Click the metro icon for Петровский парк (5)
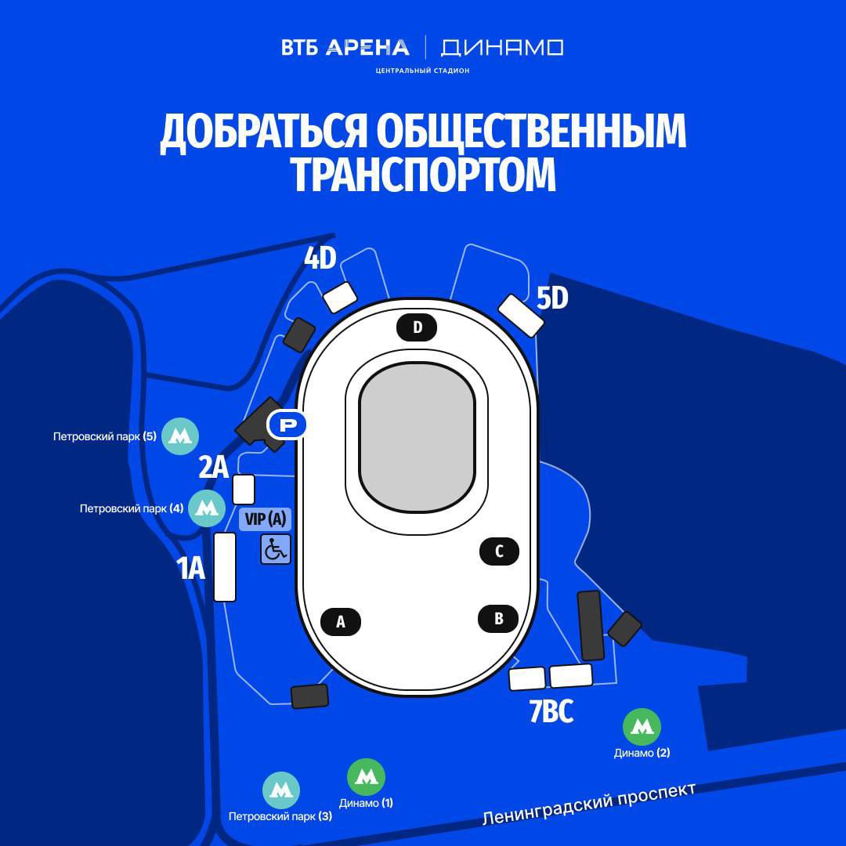(180, 436)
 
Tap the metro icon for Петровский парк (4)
(207, 508)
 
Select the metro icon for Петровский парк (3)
(281, 790)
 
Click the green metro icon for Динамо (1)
(367, 777)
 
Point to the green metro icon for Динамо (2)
(642, 727)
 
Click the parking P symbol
(287, 425)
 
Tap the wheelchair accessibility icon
(276, 549)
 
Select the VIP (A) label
(266, 519)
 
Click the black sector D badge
(417, 327)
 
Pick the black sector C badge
(499, 551)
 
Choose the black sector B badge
(498, 618)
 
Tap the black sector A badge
(341, 621)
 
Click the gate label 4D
(320, 258)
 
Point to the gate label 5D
(552, 298)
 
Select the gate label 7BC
(551, 711)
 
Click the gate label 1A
(192, 568)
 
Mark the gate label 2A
(214, 467)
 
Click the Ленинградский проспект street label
(588, 804)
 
